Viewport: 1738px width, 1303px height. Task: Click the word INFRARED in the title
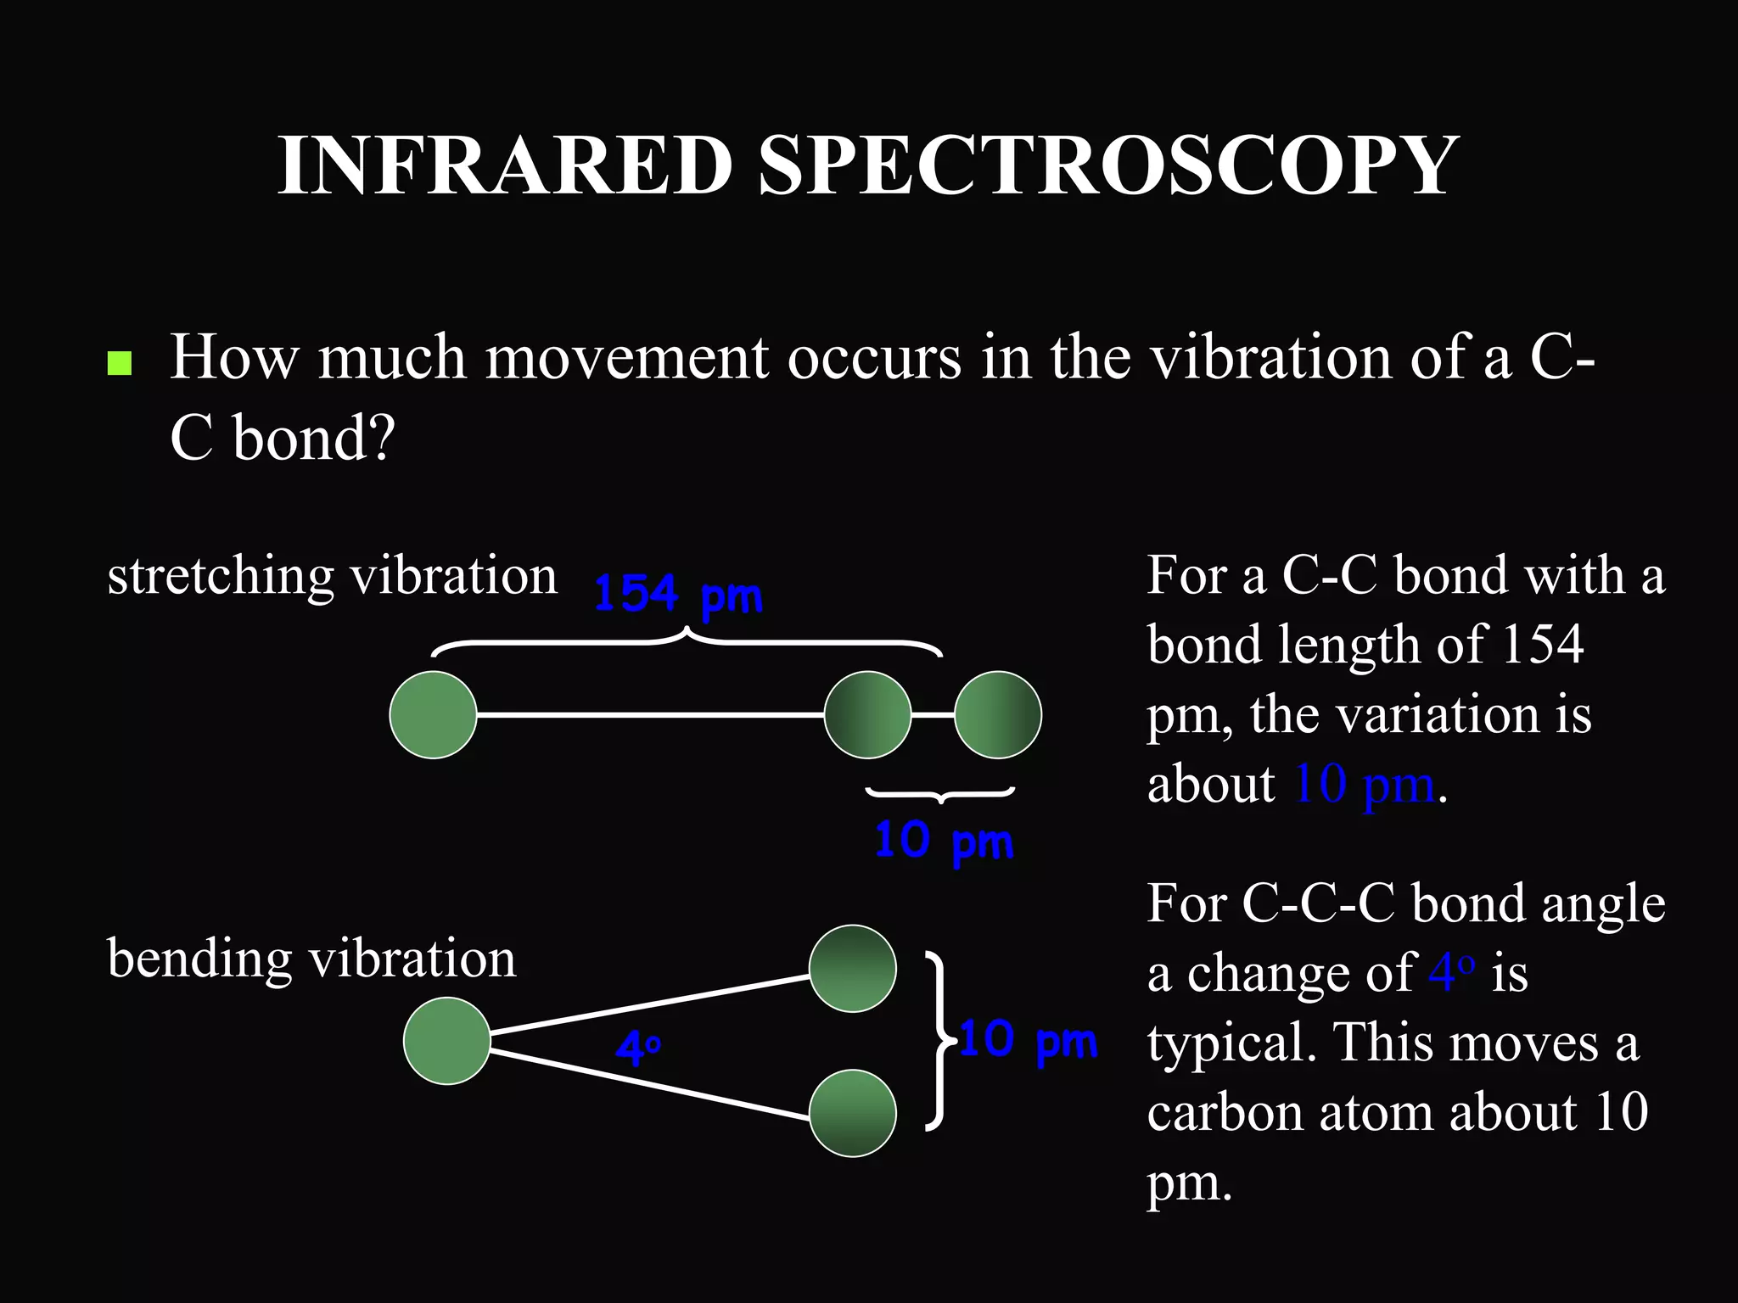505,165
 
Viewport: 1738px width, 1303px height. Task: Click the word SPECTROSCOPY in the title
1107,165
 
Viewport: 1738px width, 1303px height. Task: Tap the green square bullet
120,363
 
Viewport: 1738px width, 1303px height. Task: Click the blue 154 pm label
677,594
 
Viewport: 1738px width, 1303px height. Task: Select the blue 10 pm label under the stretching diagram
944,842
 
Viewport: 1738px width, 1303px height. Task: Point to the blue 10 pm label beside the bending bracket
1029,1040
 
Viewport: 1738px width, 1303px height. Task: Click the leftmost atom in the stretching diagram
433,714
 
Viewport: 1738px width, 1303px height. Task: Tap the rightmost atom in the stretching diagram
997,714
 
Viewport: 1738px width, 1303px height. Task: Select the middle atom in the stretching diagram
867,714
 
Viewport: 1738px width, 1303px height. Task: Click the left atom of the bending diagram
446,1041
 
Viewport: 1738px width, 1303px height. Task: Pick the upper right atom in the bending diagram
852,968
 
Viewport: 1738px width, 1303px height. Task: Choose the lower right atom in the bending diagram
852,1113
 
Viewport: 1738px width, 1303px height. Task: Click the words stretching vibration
332,577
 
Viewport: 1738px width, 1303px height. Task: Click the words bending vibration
311,959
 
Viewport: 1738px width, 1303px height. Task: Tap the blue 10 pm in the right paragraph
1363,784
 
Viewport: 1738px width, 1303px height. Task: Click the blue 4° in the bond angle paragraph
1451,972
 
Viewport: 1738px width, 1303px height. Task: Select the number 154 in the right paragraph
1542,645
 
